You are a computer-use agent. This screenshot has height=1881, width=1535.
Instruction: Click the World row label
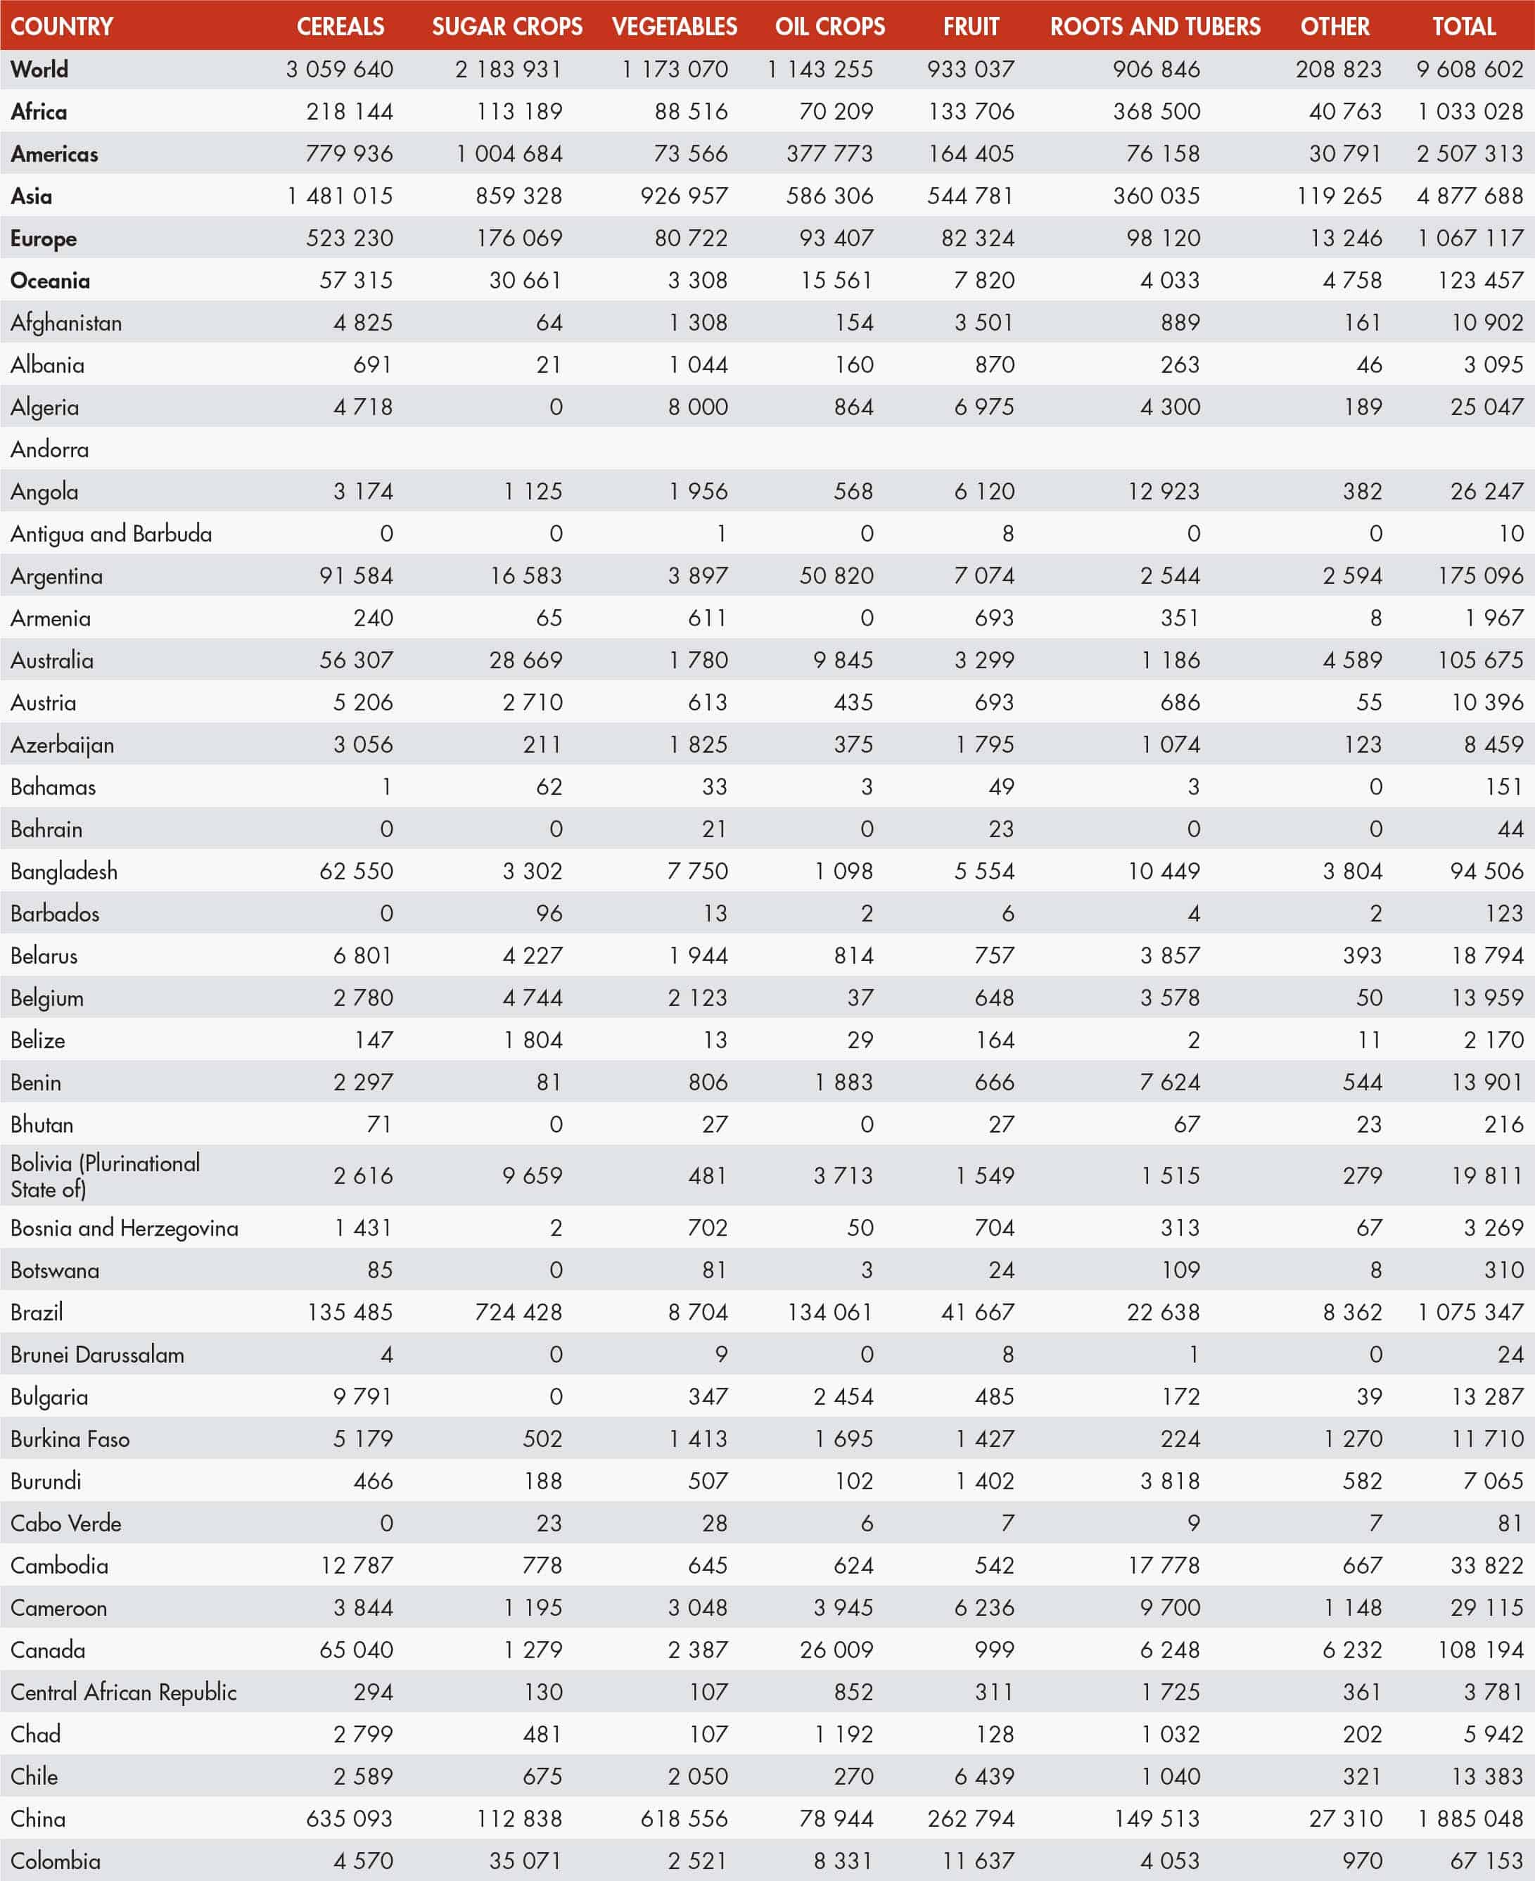tap(40, 69)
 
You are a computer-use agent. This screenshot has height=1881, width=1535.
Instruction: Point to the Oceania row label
tap(51, 280)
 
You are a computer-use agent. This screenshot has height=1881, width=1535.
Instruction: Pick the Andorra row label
tap(49, 449)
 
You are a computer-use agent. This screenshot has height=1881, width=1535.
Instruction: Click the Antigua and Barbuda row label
tap(111, 534)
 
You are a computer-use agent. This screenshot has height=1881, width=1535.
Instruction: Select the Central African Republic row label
tap(124, 1692)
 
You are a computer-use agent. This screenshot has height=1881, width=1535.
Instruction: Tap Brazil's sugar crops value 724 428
tap(518, 1312)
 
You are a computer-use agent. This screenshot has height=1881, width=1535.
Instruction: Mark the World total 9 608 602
tap(1469, 69)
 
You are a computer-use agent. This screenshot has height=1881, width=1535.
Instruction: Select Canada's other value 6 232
tap(1352, 1650)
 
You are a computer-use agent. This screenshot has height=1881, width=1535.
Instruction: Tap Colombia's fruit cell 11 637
tap(978, 1861)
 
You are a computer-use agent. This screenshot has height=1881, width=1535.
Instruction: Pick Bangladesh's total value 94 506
tap(1486, 871)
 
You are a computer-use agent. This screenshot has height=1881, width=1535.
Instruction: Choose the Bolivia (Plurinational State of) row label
tap(106, 1175)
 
